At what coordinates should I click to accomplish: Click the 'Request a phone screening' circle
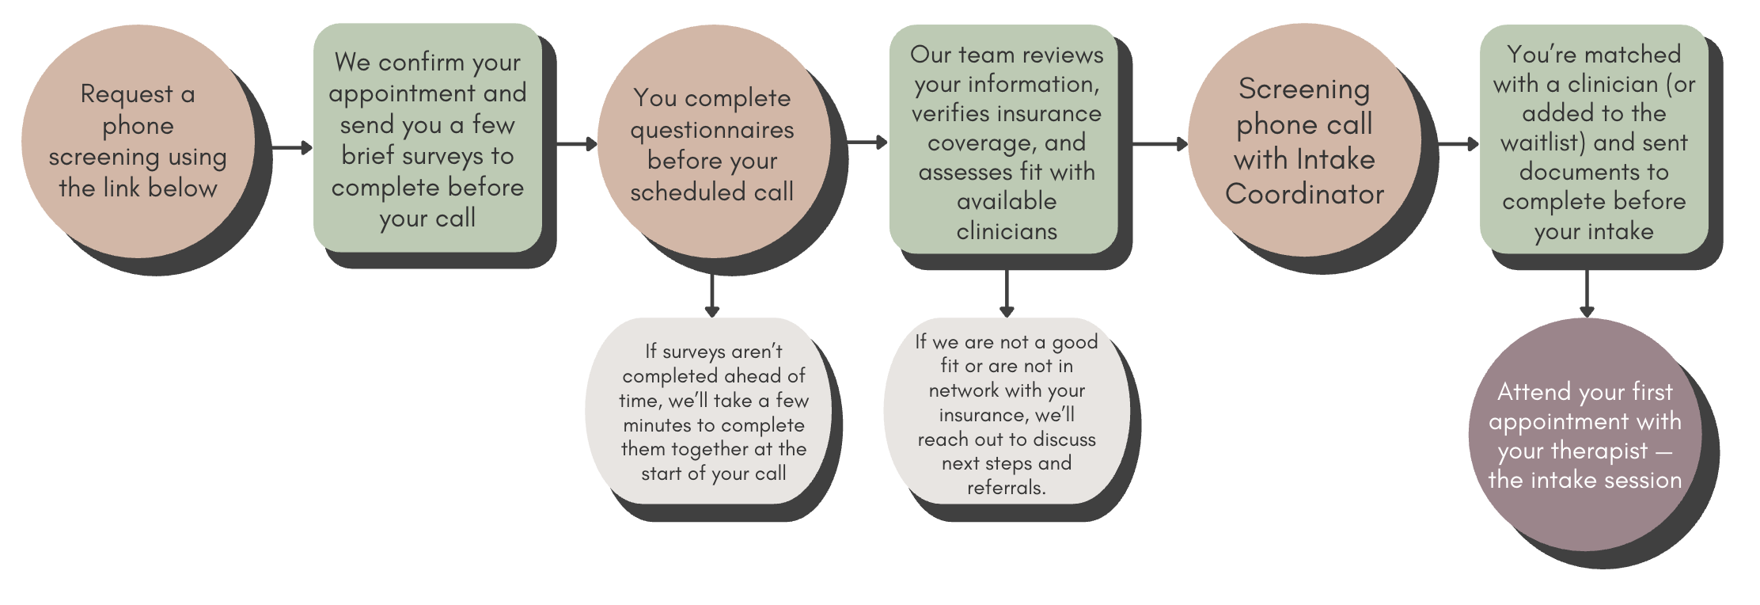point(138,141)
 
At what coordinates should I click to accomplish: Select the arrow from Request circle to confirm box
point(291,147)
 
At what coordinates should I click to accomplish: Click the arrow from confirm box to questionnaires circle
point(575,144)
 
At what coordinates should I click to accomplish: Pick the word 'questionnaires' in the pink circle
point(711,130)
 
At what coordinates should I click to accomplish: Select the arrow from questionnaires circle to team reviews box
point(867,143)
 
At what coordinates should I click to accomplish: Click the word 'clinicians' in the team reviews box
point(1007,231)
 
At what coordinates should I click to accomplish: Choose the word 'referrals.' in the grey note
point(1007,488)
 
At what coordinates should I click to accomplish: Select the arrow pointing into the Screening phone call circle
point(1160,144)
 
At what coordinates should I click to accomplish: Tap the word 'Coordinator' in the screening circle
point(1304,194)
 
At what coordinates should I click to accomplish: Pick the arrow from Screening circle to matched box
point(1457,144)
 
